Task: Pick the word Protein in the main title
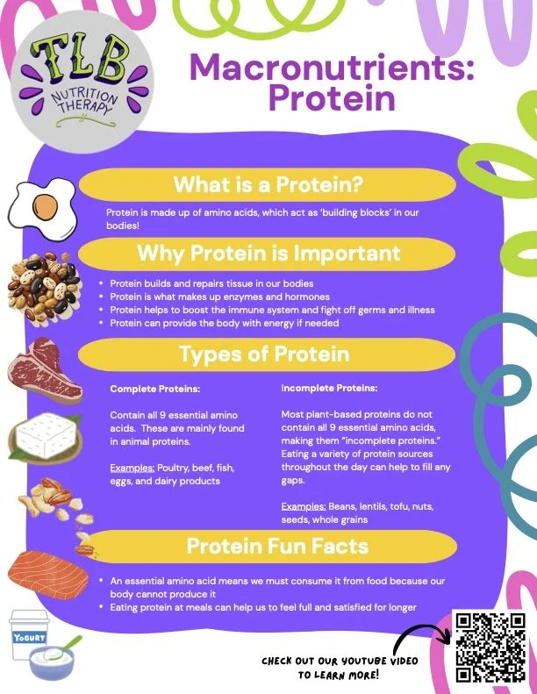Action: [x=331, y=98]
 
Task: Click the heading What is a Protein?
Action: [x=268, y=185]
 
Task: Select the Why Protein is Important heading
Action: [x=268, y=254]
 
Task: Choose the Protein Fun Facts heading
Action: [x=277, y=546]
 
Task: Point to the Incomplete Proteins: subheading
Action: [x=329, y=387]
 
